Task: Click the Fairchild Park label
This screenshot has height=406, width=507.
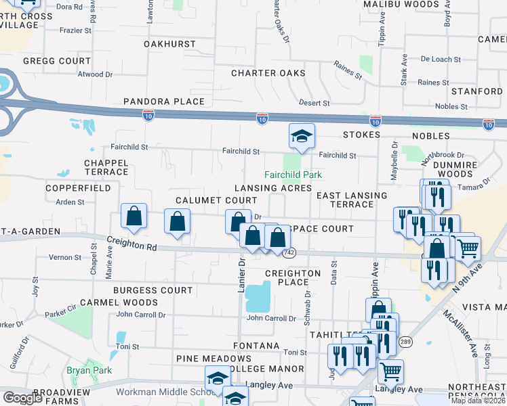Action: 293,175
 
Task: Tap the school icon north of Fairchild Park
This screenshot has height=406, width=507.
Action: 301,136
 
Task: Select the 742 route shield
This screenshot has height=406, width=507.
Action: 289,252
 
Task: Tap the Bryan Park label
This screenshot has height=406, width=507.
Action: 83,370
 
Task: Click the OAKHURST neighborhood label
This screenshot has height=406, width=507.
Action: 169,44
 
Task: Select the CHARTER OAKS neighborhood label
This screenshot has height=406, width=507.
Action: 268,73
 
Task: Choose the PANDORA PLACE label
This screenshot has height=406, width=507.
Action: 163,101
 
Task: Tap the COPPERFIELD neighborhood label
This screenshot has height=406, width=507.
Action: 78,187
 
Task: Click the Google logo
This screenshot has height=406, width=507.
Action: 22,398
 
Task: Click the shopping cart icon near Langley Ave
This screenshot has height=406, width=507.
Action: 390,371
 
